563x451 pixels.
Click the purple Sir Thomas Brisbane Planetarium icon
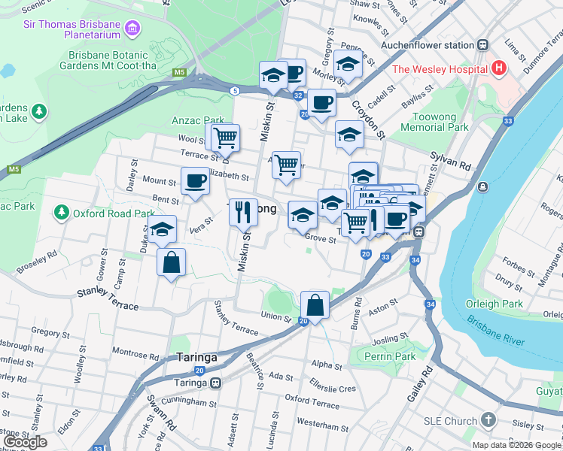[x=133, y=29]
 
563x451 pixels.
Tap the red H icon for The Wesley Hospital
[x=498, y=69]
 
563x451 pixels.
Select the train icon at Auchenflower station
[x=481, y=45]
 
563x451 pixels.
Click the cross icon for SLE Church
[x=488, y=421]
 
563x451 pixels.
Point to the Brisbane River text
[x=495, y=329]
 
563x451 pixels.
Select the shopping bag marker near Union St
[x=315, y=305]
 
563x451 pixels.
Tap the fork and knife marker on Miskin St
[x=243, y=211]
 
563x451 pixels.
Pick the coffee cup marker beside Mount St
[x=195, y=181]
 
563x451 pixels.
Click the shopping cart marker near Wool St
[x=225, y=138]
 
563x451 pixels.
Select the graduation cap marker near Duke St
[x=162, y=230]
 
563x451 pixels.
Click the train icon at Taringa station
[x=216, y=382]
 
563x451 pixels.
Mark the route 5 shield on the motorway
[x=235, y=91]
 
